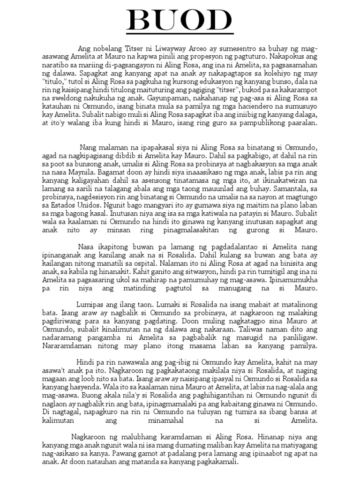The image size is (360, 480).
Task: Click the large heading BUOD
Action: click(180, 22)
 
